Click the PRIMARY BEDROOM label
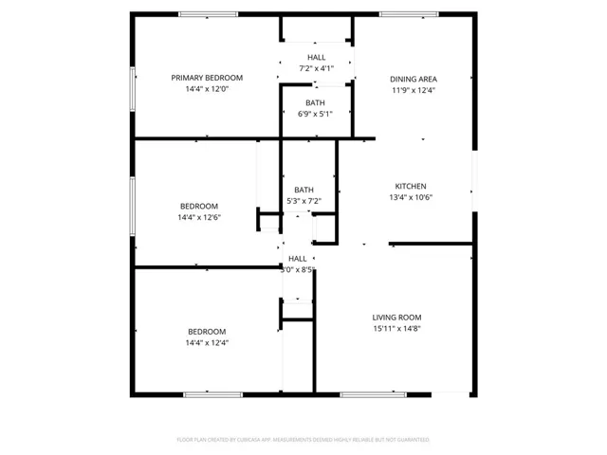(x=207, y=78)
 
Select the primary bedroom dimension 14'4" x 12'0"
(x=207, y=89)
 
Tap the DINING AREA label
(x=414, y=79)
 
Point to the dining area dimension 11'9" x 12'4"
(x=414, y=90)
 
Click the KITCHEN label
(x=411, y=186)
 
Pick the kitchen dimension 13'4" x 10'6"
(x=411, y=197)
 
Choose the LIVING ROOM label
(x=396, y=318)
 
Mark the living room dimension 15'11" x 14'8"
(x=396, y=329)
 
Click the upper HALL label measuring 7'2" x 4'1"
(x=316, y=58)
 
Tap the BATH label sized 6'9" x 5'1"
(x=316, y=102)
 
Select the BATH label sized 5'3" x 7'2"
(x=303, y=190)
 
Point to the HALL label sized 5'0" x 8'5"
(x=298, y=258)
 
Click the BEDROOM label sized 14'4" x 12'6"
(x=199, y=206)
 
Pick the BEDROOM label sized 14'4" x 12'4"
(x=207, y=331)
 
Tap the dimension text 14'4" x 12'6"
(x=199, y=217)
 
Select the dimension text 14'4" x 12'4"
(x=207, y=342)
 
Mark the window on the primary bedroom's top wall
(x=209, y=13)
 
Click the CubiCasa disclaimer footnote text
(x=303, y=440)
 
